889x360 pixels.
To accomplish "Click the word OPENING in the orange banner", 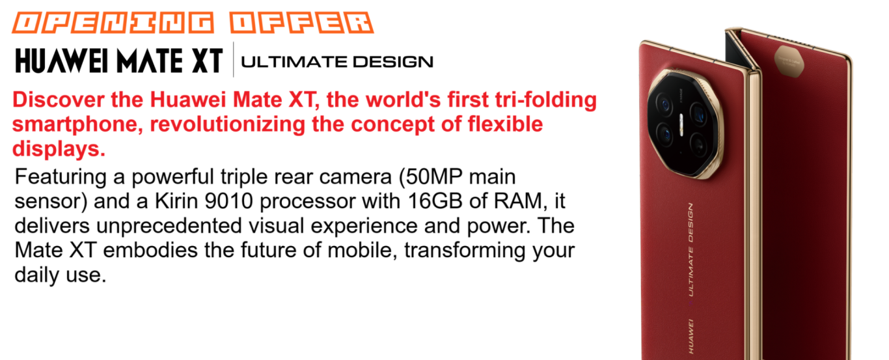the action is click(113, 23).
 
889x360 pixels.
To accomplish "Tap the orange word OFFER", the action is click(301, 23).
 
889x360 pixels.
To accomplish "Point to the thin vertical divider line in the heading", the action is click(234, 59).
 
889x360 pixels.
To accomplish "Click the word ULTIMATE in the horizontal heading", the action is click(294, 62).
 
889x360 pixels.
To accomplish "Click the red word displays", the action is click(59, 149).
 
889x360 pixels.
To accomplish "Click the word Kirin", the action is click(176, 201).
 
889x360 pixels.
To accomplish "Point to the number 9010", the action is click(228, 201).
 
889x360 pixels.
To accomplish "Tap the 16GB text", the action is click(435, 201).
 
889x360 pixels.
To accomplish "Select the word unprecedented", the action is click(169, 226).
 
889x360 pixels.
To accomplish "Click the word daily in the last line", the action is click(37, 275).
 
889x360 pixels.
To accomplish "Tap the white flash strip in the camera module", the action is click(681, 125).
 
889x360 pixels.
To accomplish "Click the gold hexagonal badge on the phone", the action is click(789, 61).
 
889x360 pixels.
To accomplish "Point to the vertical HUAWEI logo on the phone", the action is click(691, 336).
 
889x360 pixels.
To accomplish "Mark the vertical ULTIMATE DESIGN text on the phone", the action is click(691, 250).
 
